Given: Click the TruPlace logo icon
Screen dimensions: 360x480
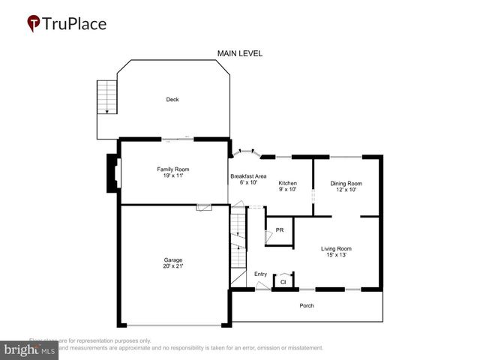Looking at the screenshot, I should point(34,24).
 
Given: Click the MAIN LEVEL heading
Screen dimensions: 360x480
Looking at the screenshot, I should point(239,53).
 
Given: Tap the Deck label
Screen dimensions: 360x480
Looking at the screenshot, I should point(172,99).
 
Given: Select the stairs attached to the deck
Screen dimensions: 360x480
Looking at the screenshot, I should point(108,97).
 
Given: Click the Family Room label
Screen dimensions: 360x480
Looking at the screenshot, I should point(172,169).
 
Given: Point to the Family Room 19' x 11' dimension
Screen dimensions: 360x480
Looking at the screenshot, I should point(172,175).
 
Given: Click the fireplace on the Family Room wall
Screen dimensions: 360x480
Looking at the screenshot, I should point(112,172).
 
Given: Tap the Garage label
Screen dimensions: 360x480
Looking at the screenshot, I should point(173,260).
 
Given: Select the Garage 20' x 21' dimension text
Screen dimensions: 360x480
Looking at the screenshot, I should point(173,266).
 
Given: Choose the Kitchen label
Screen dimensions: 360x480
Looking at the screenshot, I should point(288,184).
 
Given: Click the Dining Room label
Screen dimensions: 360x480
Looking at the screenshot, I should point(346,184).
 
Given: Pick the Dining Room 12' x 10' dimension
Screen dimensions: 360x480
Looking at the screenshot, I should point(346,190).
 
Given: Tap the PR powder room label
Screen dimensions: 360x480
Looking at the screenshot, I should point(280,230).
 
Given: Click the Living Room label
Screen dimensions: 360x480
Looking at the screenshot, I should point(337,248).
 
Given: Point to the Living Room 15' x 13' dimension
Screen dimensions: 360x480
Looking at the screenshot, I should point(337,255).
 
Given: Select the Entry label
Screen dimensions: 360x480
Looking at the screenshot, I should point(260,274).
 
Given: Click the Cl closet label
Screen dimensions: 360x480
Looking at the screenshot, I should point(283,282).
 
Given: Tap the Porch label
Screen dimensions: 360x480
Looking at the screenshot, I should point(307,305).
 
